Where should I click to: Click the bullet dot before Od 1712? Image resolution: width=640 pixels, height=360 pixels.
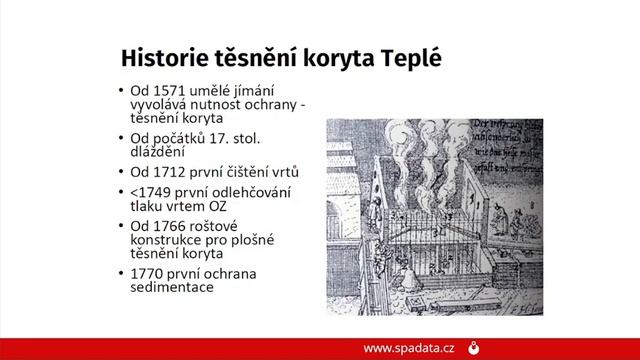121,172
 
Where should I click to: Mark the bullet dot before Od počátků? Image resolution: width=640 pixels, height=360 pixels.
121,137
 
